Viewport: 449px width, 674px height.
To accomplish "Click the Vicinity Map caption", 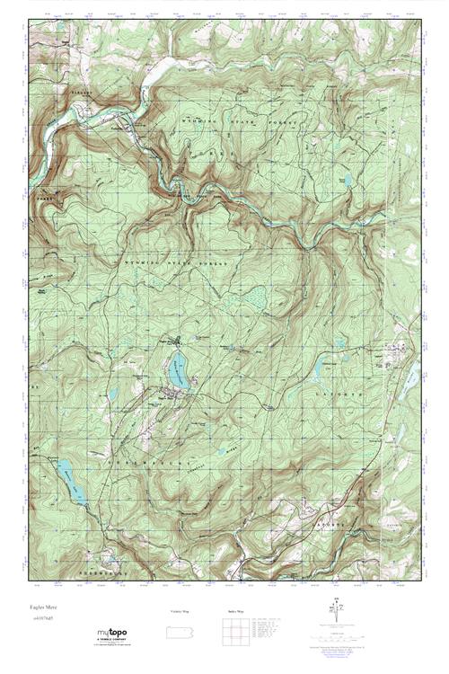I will [180, 611].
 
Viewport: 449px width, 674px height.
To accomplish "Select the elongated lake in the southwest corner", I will [70, 482].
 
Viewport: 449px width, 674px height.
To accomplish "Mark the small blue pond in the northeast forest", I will [348, 181].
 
